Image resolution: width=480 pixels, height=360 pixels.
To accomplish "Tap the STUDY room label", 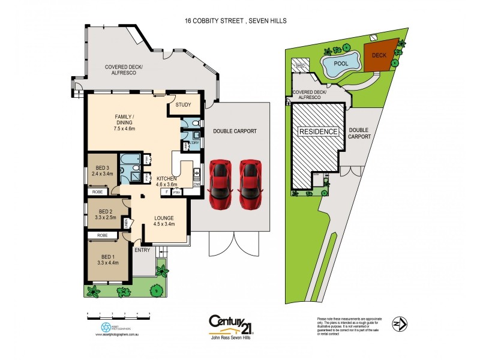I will [184, 105].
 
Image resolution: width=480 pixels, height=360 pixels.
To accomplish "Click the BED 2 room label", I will [104, 214].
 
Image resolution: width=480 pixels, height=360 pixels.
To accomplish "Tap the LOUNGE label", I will [163, 221].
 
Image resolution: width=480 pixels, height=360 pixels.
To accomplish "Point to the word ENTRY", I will [142, 250].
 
